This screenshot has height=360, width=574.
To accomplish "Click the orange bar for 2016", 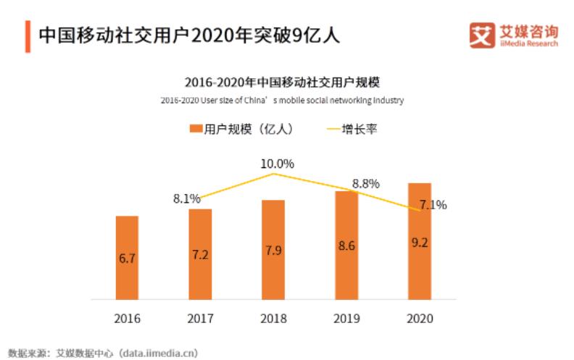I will click(127, 257).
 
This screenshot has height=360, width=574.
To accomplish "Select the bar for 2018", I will click(273, 249).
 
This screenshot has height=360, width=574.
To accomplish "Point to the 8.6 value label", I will click(346, 246).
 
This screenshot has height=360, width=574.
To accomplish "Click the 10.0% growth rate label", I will click(277, 164).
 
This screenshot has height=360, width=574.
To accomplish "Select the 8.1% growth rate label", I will click(186, 198).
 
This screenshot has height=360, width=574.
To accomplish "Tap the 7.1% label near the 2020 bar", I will click(433, 205).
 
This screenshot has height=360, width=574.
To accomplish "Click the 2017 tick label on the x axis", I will click(200, 319).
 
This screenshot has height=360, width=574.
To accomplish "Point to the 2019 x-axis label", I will click(346, 319).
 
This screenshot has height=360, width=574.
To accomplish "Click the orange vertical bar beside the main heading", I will click(28, 35).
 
